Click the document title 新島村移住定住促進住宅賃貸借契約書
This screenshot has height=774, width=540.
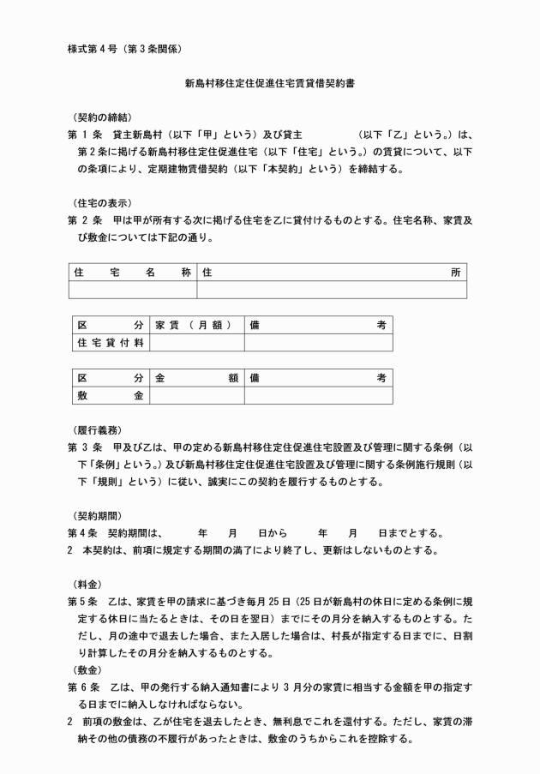point(270,85)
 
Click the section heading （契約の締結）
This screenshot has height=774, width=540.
point(102,117)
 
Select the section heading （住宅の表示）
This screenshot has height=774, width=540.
point(102,202)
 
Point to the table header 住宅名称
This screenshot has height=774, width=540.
point(132,273)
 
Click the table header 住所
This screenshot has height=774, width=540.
point(332,273)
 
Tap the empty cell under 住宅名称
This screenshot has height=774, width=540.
point(132,290)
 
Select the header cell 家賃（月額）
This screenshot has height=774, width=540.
point(196,326)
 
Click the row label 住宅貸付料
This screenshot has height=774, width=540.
point(111,343)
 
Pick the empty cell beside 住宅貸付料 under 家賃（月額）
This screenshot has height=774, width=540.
point(196,343)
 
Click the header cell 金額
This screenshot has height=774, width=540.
point(196,378)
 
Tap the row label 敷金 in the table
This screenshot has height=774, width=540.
point(111,395)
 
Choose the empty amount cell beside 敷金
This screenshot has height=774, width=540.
point(196,395)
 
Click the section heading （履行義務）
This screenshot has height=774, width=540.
point(102,429)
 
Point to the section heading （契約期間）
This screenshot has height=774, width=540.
point(102,514)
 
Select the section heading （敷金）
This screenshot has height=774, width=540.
point(89,669)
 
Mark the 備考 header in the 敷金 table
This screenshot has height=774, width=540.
point(318,378)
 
